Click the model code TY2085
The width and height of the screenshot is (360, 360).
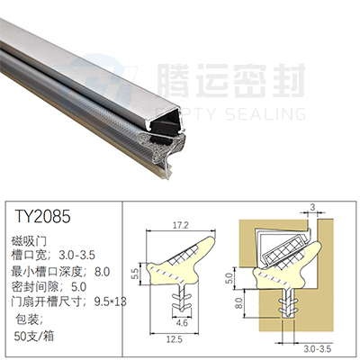click(x=42, y=216)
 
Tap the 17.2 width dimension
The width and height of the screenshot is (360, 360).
click(x=181, y=225)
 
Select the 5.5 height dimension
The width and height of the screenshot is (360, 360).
click(x=136, y=274)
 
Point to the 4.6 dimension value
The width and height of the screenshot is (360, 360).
click(x=182, y=323)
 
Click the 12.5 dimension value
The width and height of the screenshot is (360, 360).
click(x=175, y=339)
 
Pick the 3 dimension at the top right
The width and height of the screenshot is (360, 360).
click(x=312, y=207)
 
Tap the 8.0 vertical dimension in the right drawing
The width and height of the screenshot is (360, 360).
click(x=238, y=303)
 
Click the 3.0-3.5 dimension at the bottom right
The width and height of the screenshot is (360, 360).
click(x=318, y=348)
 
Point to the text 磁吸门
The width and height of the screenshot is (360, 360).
click(x=29, y=240)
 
